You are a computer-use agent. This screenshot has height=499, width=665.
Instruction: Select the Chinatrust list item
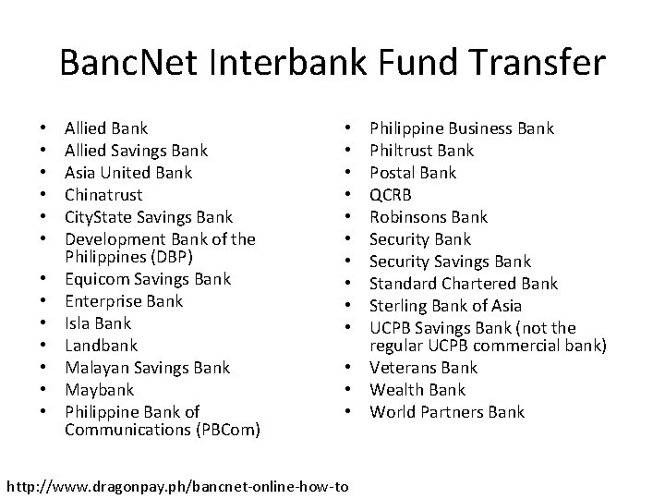pos(104,195)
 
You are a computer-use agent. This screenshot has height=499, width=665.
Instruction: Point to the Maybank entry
pos(99,390)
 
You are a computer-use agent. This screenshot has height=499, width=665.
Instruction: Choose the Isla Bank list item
pos(98,323)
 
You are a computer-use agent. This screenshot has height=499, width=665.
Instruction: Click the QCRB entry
pos(391,195)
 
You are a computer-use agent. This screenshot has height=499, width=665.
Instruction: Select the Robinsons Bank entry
pos(429,217)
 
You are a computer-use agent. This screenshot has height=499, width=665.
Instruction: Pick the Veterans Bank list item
pos(424,368)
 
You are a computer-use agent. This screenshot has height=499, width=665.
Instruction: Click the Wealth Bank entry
pos(417,390)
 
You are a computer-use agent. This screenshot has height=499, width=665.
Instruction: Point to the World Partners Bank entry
pos(447,412)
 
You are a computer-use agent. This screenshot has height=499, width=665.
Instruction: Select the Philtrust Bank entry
pos(421,151)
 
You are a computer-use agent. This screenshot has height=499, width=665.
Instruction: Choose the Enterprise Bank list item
pos(124,301)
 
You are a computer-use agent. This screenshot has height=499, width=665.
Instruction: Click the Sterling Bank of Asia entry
pos(445,306)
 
